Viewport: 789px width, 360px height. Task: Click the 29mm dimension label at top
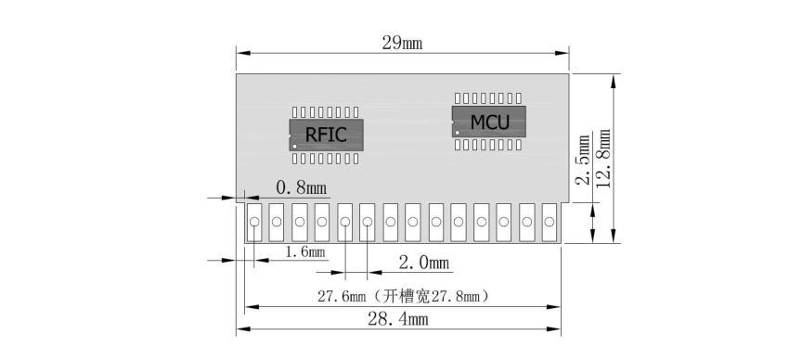[401, 44]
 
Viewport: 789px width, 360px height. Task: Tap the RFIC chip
[325, 135]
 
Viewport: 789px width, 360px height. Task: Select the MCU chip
[489, 122]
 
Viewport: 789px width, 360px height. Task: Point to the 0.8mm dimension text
[302, 188]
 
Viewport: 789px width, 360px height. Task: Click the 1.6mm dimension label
[304, 252]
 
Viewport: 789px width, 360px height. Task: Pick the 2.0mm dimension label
[424, 263]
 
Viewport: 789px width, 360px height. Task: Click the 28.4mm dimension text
[398, 320]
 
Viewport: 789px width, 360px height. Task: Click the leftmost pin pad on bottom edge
[253, 223]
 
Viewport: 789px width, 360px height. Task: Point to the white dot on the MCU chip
[457, 133]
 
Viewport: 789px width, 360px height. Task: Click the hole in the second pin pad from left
[277, 223]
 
